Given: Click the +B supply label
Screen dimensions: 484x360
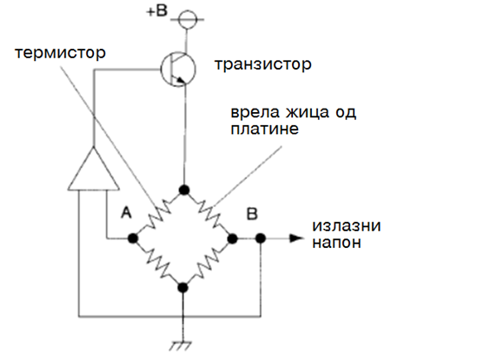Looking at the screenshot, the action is point(156,11).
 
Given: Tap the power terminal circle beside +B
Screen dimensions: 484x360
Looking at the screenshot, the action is point(188,19).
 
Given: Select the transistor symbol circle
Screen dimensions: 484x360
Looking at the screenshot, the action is point(178,70).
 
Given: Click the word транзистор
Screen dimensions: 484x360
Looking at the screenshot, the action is point(263,64).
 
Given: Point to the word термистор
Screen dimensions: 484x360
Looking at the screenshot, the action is point(61,53).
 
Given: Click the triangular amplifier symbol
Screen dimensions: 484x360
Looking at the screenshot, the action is point(93,169).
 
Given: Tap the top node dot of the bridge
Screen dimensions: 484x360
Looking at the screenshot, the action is point(184,190).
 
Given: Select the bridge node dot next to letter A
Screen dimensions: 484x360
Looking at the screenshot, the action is point(133,238).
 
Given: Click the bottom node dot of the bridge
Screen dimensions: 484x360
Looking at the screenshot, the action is point(182,288).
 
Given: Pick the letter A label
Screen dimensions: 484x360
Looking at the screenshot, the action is point(126,213).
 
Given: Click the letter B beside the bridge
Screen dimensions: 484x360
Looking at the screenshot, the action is point(252,214).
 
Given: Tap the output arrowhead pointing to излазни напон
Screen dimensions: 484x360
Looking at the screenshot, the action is point(297,238).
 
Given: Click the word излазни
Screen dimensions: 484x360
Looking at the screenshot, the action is point(347,225).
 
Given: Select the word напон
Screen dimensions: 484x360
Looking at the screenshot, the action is point(336,243).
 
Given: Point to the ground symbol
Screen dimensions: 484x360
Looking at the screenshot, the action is point(182,346).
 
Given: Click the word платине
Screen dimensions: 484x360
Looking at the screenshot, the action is point(264,129).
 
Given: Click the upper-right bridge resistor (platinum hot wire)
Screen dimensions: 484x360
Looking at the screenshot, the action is point(209,214).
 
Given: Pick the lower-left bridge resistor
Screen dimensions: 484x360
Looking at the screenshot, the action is point(158,263).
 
